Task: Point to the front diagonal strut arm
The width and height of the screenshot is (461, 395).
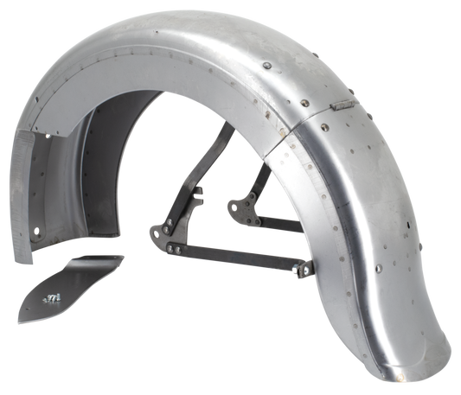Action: pyautogui.click(x=189, y=190)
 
